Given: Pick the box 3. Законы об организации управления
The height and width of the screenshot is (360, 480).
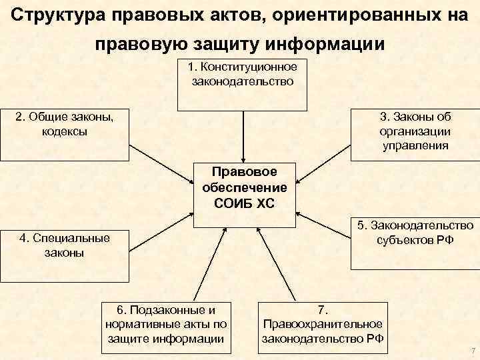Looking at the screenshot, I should [415, 134].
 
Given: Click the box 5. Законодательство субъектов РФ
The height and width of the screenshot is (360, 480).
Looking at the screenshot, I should [415, 244].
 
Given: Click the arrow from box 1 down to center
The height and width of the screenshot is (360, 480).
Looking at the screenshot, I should [243, 136].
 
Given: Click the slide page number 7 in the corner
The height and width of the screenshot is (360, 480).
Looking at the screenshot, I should [472, 351].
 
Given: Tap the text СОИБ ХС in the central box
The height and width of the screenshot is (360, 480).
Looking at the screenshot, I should [244, 202].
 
